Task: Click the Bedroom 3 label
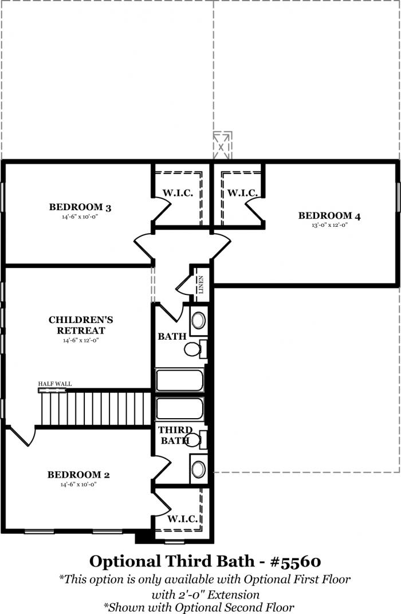pos(80,207)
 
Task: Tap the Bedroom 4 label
pos(329,215)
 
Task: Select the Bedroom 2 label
pos(78,475)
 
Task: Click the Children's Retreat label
pos(81,325)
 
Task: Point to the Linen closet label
pos(201,285)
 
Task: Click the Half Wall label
pos(55,384)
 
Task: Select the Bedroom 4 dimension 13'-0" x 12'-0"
pos(330,225)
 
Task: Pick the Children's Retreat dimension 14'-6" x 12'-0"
pos(81,340)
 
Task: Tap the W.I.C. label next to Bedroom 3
pos(178,192)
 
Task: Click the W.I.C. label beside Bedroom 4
pos(242,192)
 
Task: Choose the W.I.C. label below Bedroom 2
pos(183,519)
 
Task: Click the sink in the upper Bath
pos(199,320)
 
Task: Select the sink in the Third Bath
pos(199,469)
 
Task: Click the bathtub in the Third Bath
pos(180,409)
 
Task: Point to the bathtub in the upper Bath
pos(180,380)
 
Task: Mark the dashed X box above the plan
pos(222,145)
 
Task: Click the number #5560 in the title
pos(296,561)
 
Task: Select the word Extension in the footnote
pos(233,595)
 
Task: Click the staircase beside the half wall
pos(96,408)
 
